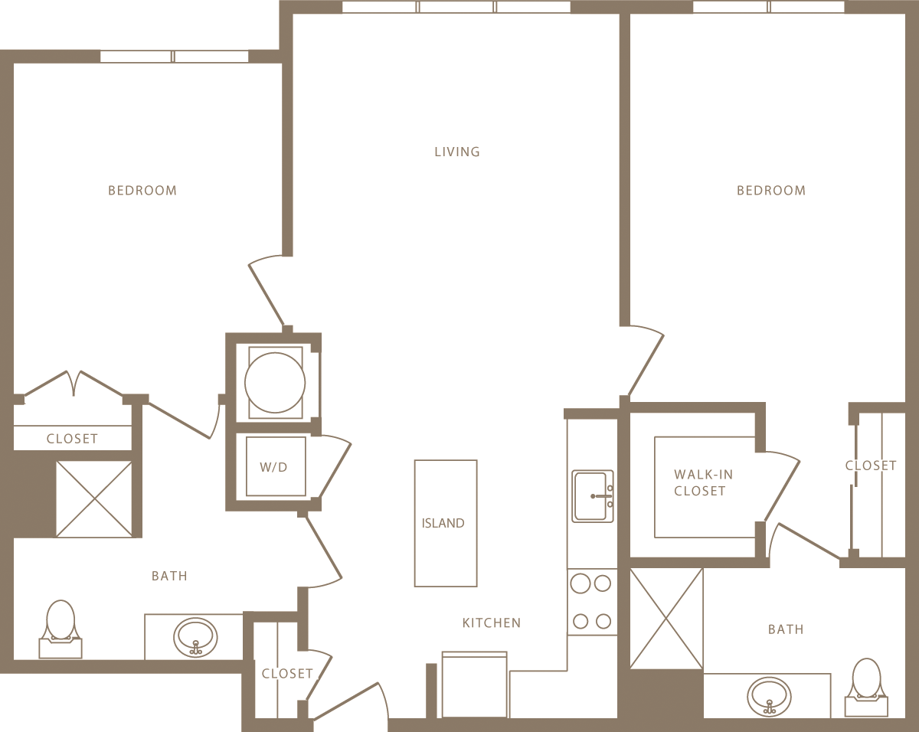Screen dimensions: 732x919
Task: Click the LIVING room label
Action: [457, 152]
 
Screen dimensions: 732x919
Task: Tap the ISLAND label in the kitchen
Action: [443, 524]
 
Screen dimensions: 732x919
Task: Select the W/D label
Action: [273, 467]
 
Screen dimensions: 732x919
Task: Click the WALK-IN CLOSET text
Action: [699, 483]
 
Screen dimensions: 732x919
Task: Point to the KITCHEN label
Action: [491, 623]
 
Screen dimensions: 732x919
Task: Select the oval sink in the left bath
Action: [195, 637]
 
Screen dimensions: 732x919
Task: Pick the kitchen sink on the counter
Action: [592, 496]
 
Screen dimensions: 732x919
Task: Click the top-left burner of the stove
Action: [581, 584]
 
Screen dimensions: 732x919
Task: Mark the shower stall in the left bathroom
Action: [94, 498]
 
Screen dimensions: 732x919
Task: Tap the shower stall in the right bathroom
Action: [666, 618]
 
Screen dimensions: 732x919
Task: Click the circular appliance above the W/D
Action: [275, 382]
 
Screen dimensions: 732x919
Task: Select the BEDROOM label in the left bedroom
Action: [142, 191]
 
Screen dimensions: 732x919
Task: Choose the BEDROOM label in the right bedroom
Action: [771, 191]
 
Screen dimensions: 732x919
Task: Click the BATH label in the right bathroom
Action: [786, 629]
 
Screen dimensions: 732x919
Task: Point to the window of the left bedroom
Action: [175, 57]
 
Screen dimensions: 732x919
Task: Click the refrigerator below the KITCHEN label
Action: [475, 685]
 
